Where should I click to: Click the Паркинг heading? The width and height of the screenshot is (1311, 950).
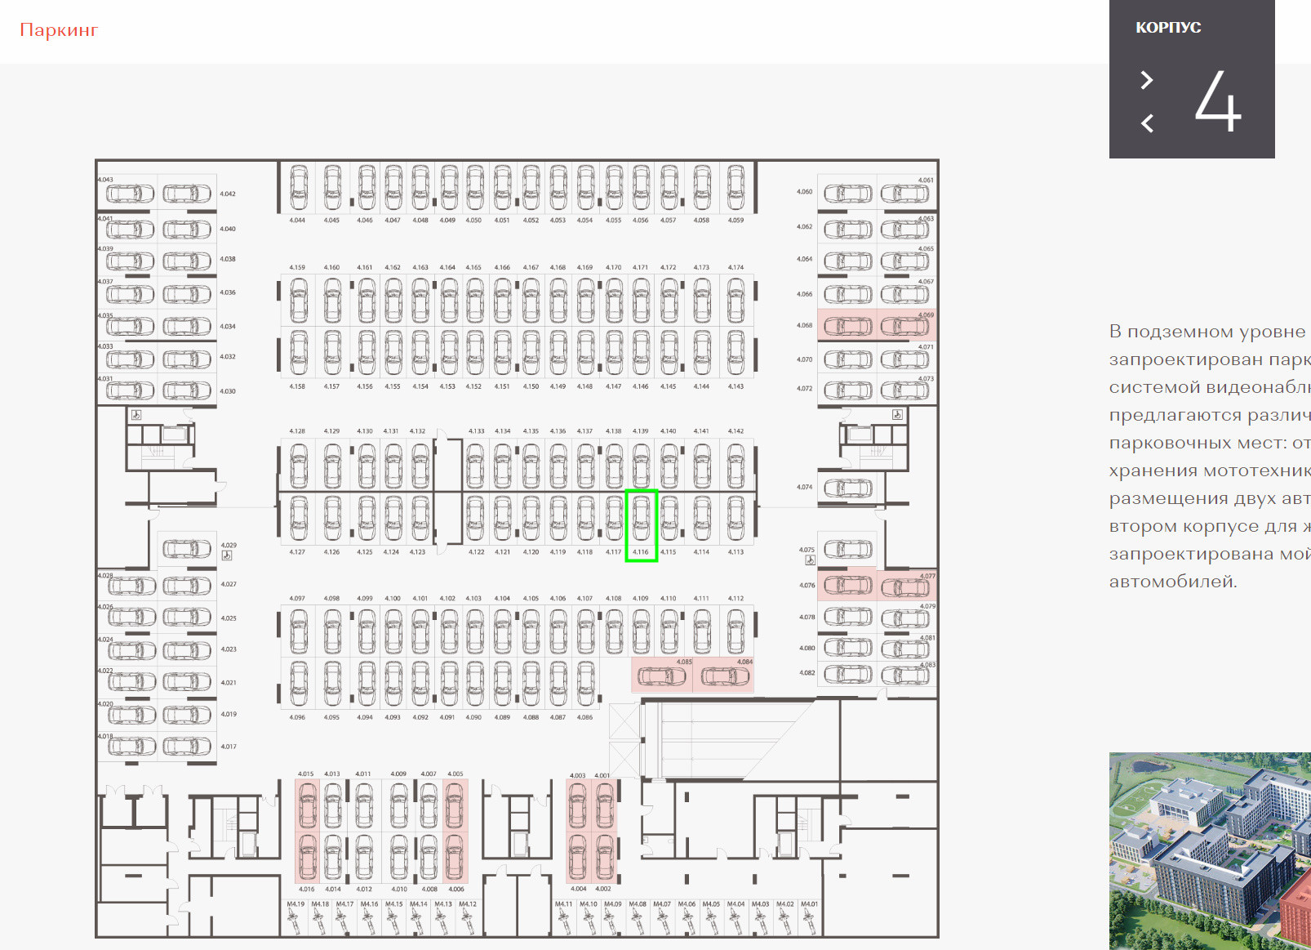click(59, 30)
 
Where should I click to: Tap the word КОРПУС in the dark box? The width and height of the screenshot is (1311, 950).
click(1168, 28)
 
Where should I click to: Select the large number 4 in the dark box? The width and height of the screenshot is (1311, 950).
click(1217, 101)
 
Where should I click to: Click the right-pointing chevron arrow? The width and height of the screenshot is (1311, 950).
click(1147, 80)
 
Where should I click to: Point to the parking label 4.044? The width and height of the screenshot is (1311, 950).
click(297, 221)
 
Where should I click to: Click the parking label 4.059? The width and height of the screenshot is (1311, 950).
click(735, 221)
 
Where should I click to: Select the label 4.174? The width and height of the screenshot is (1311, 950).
click(735, 267)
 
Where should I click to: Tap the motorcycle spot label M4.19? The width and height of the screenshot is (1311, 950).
click(296, 904)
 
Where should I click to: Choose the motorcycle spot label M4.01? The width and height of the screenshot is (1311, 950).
click(809, 904)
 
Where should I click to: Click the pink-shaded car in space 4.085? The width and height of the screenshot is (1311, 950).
click(662, 676)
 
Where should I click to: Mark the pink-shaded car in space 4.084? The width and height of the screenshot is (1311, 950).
click(725, 676)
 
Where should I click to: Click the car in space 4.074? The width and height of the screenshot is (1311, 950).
click(848, 488)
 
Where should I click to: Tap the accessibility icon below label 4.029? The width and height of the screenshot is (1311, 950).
click(227, 555)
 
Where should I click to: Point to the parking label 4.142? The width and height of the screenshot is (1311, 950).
click(735, 431)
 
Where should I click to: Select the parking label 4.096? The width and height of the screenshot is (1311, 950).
click(297, 717)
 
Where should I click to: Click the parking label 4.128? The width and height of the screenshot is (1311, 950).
click(297, 431)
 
